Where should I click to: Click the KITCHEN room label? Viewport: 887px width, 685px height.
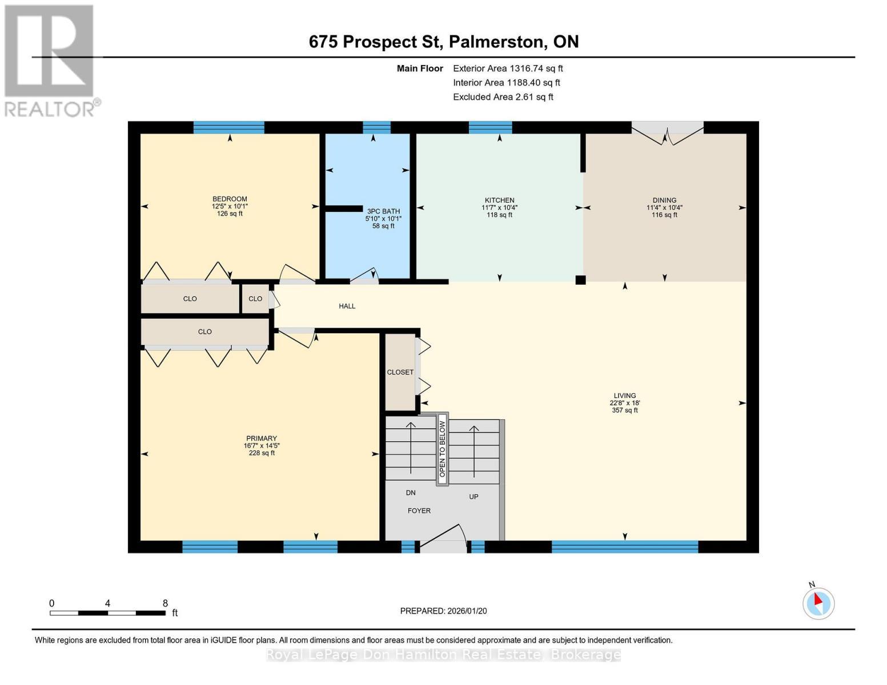click(500, 200)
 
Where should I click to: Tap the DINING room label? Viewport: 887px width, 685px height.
click(664, 200)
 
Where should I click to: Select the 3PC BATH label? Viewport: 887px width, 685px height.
click(383, 211)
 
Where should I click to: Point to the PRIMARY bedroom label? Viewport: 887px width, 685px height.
click(262, 438)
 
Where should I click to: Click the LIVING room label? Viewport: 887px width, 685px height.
click(625, 396)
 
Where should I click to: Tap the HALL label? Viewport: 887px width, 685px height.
click(347, 306)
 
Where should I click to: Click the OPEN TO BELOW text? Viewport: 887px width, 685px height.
click(442, 449)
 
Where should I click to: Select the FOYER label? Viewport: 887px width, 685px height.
click(419, 511)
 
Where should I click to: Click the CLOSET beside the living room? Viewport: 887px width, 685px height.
click(400, 372)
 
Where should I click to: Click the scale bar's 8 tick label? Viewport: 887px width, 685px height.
click(165, 603)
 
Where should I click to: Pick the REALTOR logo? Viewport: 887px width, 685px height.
click(50, 60)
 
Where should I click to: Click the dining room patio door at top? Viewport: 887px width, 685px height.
click(667, 128)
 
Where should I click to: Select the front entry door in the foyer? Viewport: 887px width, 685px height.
click(443, 545)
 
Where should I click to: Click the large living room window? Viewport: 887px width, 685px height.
click(625, 546)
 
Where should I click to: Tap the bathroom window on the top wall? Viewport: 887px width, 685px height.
click(376, 127)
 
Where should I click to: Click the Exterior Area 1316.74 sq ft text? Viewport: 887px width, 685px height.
click(508, 68)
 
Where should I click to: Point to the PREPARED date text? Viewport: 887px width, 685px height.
click(443, 611)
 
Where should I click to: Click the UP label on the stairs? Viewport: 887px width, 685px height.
click(473, 497)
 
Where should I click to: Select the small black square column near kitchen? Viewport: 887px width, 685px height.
click(580, 280)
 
